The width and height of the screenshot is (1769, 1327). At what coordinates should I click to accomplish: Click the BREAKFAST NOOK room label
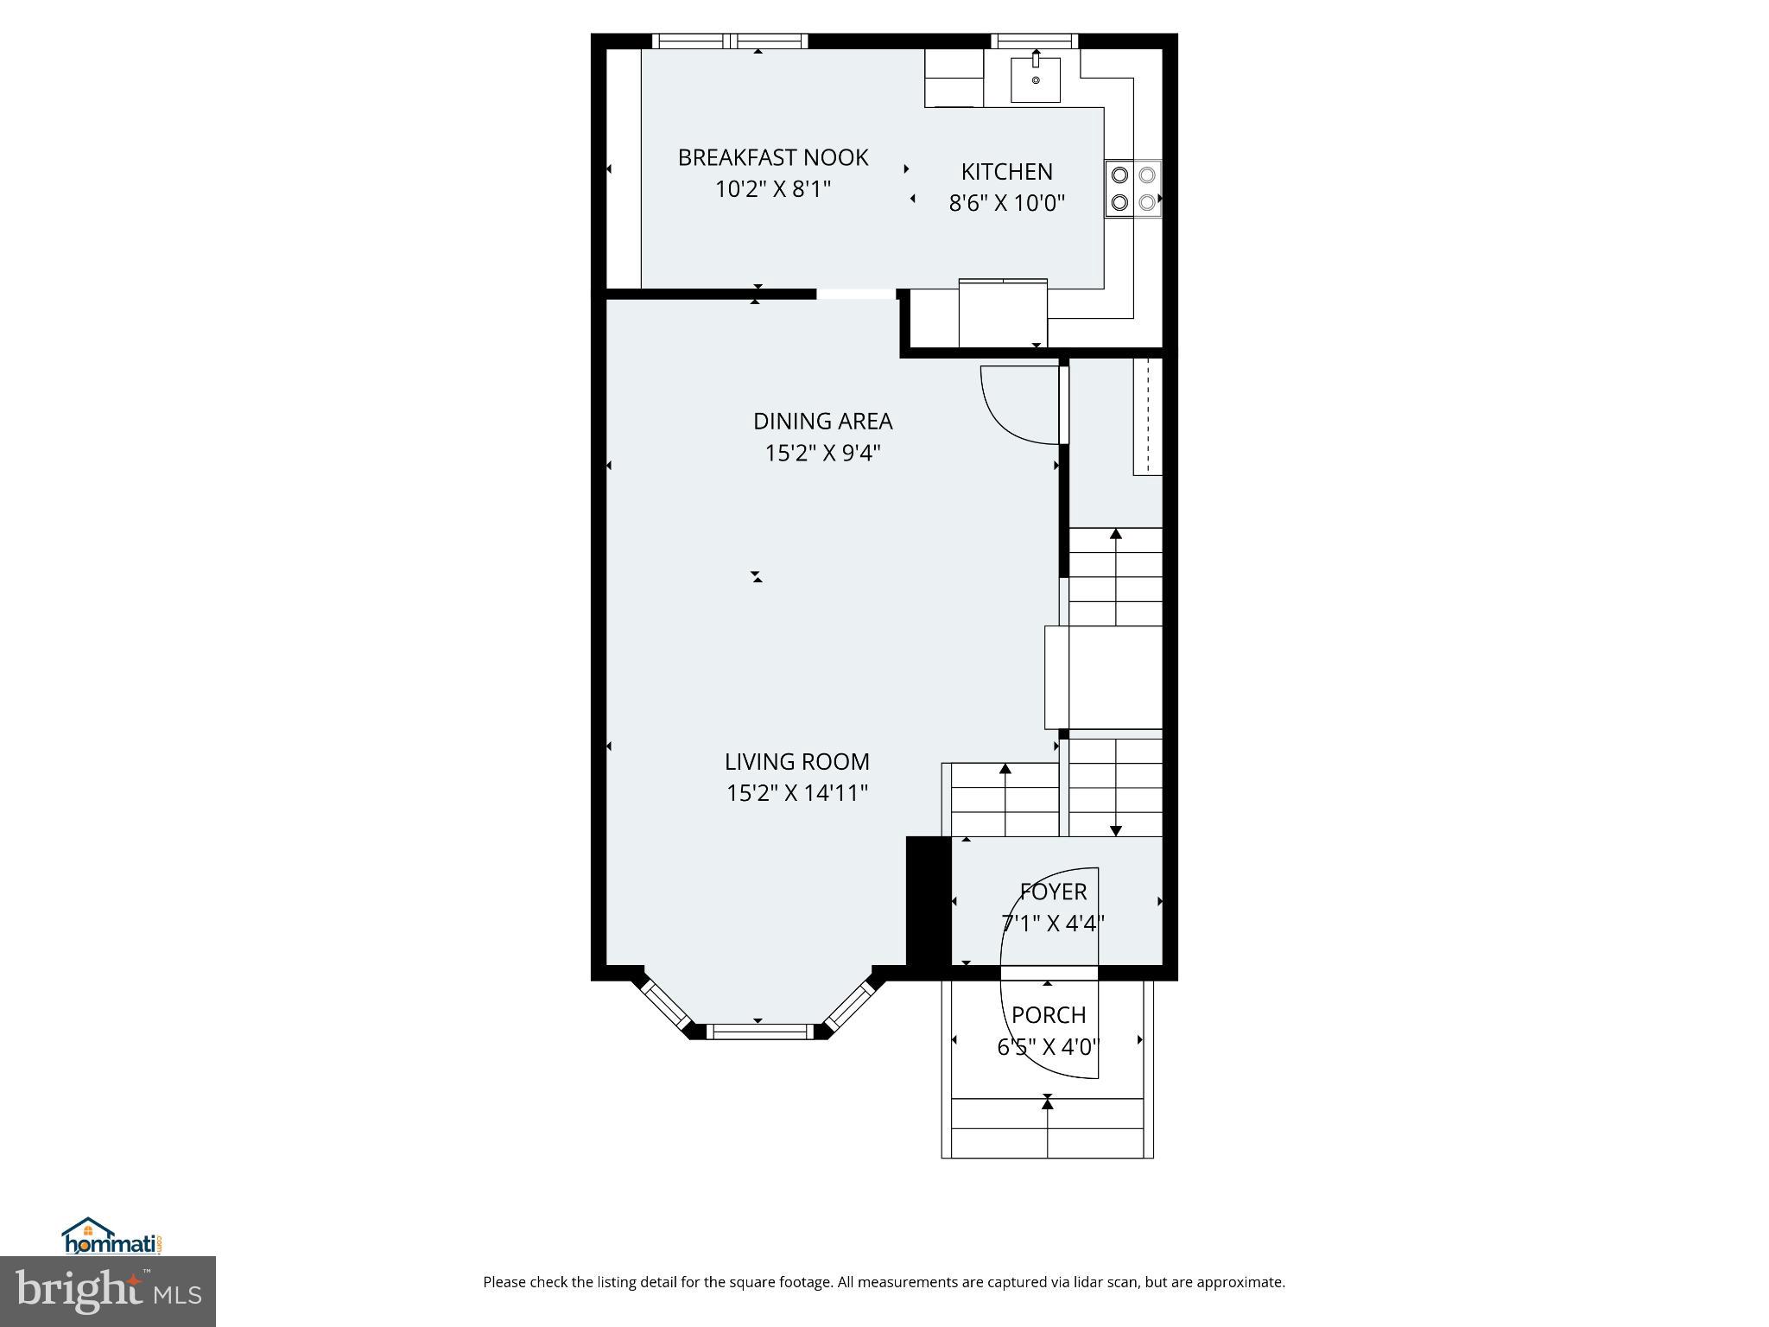(x=772, y=157)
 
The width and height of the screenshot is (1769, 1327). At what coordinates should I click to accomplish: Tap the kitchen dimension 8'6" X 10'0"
(x=1006, y=203)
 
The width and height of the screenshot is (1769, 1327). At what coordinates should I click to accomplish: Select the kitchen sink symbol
(x=1035, y=79)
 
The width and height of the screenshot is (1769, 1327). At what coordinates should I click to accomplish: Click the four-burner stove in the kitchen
(x=1132, y=188)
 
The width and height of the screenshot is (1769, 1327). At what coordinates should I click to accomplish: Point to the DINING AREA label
(x=822, y=421)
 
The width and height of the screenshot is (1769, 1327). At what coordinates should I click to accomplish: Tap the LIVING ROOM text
(x=796, y=761)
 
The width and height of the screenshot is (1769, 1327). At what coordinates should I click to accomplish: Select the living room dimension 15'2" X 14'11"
(x=796, y=793)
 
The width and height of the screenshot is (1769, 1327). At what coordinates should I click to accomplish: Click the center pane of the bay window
(x=759, y=1031)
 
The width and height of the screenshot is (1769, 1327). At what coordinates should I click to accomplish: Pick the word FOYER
(x=1053, y=891)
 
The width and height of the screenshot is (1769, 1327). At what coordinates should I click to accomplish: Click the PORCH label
(x=1049, y=1014)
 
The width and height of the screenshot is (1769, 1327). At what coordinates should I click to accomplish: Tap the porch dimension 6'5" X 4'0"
(x=1048, y=1047)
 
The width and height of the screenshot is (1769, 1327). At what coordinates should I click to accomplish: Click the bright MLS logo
(x=107, y=1291)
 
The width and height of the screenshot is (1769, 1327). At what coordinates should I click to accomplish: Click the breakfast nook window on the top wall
(x=730, y=41)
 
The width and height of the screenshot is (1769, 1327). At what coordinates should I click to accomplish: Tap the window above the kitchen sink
(x=1034, y=41)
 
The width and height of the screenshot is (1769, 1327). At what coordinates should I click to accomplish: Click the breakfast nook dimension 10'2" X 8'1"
(x=772, y=189)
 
